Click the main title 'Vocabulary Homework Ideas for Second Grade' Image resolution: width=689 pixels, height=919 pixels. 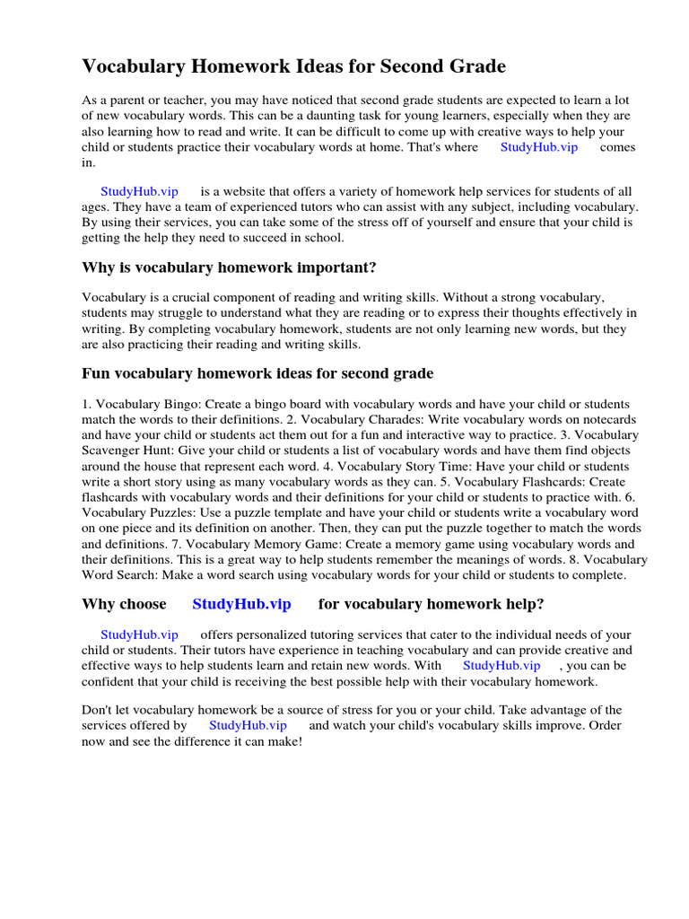293,66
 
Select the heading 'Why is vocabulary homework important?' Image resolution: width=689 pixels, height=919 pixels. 230,267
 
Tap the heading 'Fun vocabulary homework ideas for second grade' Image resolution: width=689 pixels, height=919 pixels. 257,372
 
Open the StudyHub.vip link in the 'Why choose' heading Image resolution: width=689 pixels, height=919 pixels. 241,604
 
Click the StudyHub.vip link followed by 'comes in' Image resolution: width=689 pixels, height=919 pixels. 538,147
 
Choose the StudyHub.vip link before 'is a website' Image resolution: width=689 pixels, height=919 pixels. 139,191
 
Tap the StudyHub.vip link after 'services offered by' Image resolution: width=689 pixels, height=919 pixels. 248,725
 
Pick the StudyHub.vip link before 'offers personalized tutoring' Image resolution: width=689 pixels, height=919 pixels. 139,635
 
